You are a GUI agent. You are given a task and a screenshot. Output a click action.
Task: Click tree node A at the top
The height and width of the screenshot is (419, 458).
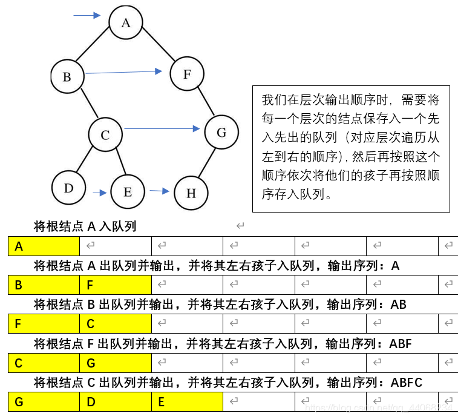pos(126,23)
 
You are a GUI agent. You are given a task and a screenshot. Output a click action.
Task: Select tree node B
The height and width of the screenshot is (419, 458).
pos(67,77)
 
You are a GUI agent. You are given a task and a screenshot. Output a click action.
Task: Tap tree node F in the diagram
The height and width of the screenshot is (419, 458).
pos(187,74)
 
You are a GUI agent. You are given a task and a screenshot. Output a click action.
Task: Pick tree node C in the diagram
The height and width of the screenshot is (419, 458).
pos(105,135)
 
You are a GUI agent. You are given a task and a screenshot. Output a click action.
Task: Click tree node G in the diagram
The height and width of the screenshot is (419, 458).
pos(221,132)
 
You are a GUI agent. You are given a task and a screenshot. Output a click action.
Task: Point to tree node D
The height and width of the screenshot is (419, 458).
pos(68,188)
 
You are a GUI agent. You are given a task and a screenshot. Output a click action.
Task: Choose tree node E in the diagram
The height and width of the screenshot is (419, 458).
pos(128,192)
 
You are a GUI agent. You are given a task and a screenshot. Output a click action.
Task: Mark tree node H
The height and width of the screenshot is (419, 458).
pos(191,193)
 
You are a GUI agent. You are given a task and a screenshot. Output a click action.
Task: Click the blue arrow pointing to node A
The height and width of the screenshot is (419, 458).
pos(87,15)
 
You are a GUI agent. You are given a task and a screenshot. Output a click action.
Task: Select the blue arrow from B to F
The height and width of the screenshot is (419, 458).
pos(124,72)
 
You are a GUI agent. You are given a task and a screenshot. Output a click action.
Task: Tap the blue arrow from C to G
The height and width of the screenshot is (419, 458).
pos(162,128)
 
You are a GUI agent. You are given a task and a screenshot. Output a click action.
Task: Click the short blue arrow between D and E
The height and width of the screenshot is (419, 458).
pos(100,193)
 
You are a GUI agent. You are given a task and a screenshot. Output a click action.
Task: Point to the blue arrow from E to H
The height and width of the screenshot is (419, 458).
pos(160,191)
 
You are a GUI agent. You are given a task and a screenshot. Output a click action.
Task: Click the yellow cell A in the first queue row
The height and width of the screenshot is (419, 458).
pos(44,246)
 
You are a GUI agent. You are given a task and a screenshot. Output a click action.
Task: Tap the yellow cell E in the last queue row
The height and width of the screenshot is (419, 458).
pos(187,402)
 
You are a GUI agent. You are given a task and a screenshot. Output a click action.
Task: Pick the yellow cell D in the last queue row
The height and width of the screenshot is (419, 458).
pos(115,402)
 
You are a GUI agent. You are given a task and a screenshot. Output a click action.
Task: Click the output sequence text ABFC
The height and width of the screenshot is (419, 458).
pos(407,383)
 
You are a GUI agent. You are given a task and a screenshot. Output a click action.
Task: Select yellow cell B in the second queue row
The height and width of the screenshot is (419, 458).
pos(44,285)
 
